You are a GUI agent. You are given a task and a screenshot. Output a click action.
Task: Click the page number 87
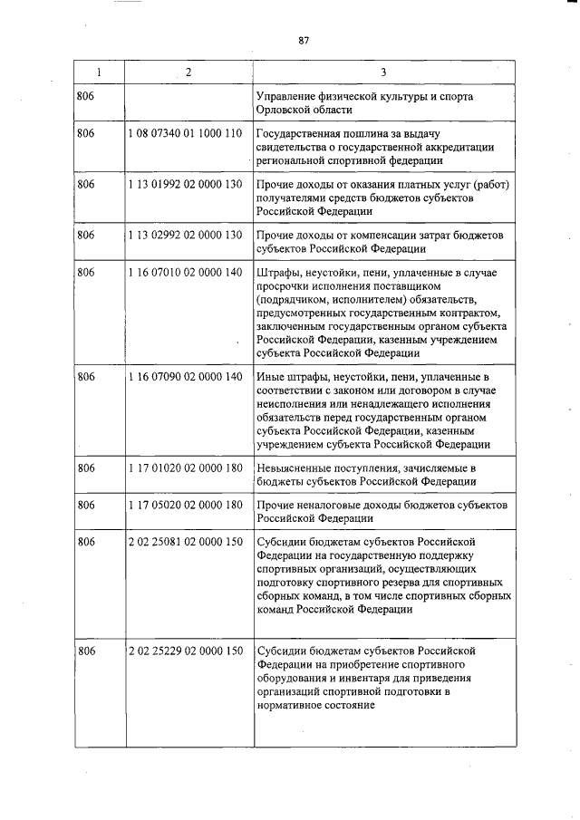point(304,39)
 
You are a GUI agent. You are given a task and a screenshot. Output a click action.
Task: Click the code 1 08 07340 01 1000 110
point(186,133)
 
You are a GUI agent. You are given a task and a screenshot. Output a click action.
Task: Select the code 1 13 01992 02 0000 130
point(186,185)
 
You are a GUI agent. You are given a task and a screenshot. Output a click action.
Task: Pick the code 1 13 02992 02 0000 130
point(186,236)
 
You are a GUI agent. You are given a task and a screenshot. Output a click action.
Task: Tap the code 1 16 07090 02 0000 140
point(186,376)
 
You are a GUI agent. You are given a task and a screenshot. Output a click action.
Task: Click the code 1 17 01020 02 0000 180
point(186,468)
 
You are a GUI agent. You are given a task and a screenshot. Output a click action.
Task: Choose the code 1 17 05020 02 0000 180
point(186,505)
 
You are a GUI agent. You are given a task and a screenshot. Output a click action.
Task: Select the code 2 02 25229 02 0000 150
point(186,651)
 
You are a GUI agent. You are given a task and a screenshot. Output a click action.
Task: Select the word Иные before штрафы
point(271,376)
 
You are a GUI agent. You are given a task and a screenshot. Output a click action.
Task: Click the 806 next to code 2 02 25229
point(87,651)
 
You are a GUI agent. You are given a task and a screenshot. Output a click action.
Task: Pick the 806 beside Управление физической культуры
point(87,96)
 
